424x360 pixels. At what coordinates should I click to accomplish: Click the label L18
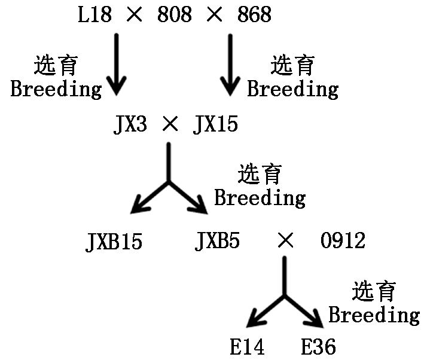pyautogui.click(x=94, y=15)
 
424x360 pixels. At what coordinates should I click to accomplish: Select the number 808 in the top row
pyautogui.click(x=175, y=15)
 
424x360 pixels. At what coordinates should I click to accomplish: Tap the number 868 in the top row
pyautogui.click(x=254, y=15)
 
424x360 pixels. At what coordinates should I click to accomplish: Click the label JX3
pyautogui.click(x=130, y=125)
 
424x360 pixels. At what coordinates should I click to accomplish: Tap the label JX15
pyautogui.click(x=215, y=125)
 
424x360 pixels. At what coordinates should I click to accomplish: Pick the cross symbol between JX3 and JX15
pyautogui.click(x=170, y=125)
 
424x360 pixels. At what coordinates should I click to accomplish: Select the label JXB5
pyautogui.click(x=218, y=242)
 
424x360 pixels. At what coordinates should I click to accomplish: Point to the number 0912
pyautogui.click(x=343, y=242)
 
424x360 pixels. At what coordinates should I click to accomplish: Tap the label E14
pyautogui.click(x=247, y=347)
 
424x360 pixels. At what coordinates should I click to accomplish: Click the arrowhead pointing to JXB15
pyautogui.click(x=139, y=206)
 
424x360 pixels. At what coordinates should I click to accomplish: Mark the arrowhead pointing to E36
pyautogui.click(x=317, y=319)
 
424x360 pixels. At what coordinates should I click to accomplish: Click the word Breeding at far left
pyautogui.click(x=56, y=90)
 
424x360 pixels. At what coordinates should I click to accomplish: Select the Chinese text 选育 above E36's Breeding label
pyautogui.click(x=374, y=291)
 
